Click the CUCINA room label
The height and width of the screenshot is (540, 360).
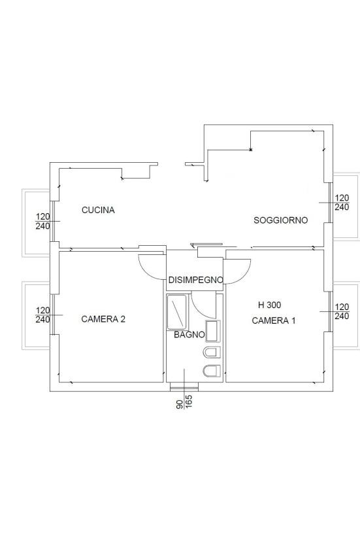(98, 210)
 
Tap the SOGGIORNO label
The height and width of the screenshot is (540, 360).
(281, 220)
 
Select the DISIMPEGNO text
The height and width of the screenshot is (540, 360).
(195, 280)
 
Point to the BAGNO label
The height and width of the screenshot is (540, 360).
(189, 335)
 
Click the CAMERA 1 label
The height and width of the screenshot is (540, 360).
(274, 320)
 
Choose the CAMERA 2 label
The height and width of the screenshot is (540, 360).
(103, 319)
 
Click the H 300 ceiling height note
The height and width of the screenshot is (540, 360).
(269, 305)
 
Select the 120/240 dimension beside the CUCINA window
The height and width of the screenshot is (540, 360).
(42, 221)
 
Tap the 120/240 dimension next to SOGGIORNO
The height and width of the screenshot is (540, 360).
(342, 203)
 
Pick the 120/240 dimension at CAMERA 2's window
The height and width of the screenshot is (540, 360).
(42, 315)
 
